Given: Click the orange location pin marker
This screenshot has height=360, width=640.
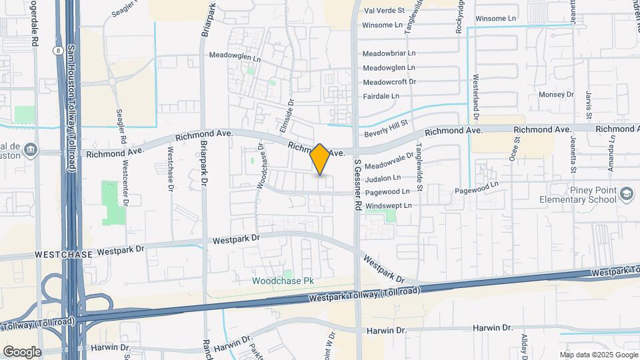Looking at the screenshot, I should point(320,159).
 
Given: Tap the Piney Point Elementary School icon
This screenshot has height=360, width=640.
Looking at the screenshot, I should point(626,194).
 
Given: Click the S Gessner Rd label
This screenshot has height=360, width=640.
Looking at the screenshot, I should point(357,185).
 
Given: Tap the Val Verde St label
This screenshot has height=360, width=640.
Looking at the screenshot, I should point(385,11).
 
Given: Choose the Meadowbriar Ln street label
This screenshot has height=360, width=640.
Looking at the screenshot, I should point(389,53).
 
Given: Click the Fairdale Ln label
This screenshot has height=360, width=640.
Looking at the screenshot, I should point(381,96).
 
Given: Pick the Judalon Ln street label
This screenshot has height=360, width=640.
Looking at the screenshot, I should point(382,178).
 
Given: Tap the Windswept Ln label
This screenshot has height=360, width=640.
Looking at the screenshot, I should point(389,205).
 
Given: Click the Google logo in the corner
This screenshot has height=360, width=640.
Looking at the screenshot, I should point(22,351).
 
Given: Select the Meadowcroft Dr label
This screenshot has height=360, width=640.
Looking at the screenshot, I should point(389,82).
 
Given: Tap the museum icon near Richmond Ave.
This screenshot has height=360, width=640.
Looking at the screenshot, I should point(31,151).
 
